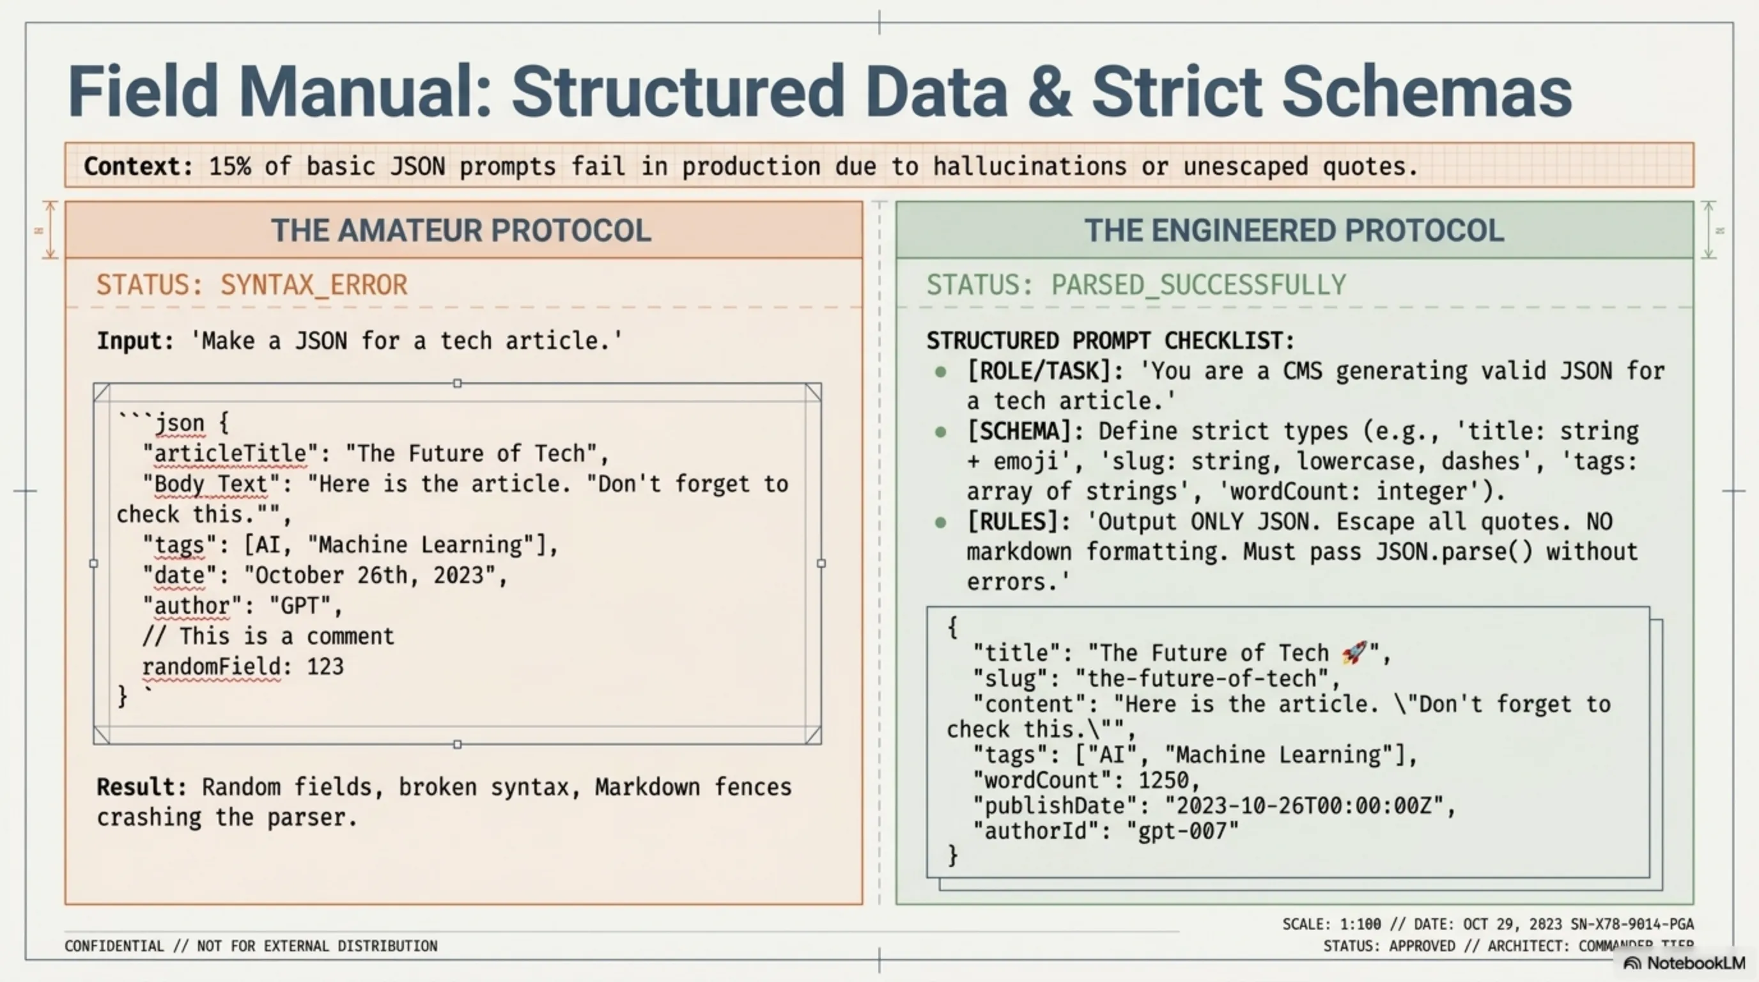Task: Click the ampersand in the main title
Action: (1049, 91)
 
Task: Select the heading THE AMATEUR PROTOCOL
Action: (461, 230)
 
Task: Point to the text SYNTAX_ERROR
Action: (313, 284)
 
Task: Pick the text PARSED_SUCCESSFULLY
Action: (1198, 284)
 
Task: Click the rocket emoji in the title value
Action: (1354, 652)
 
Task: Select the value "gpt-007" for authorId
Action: (1182, 831)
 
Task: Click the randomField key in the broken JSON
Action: (211, 667)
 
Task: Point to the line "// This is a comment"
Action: (268, 637)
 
